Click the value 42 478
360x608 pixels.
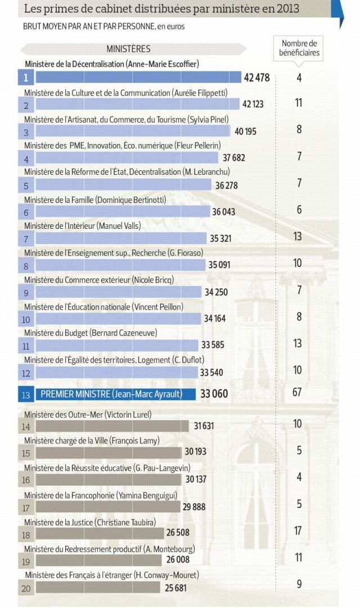(257, 78)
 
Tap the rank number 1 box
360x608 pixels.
(26, 78)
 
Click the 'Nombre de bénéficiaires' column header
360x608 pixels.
(299, 48)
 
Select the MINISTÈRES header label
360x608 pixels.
(128, 49)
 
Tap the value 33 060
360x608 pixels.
(214, 394)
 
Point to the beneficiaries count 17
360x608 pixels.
(299, 530)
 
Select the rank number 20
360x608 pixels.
(26, 588)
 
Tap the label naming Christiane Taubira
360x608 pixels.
(90, 523)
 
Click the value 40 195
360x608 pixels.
(245, 132)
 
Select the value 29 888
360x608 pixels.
(194, 507)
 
